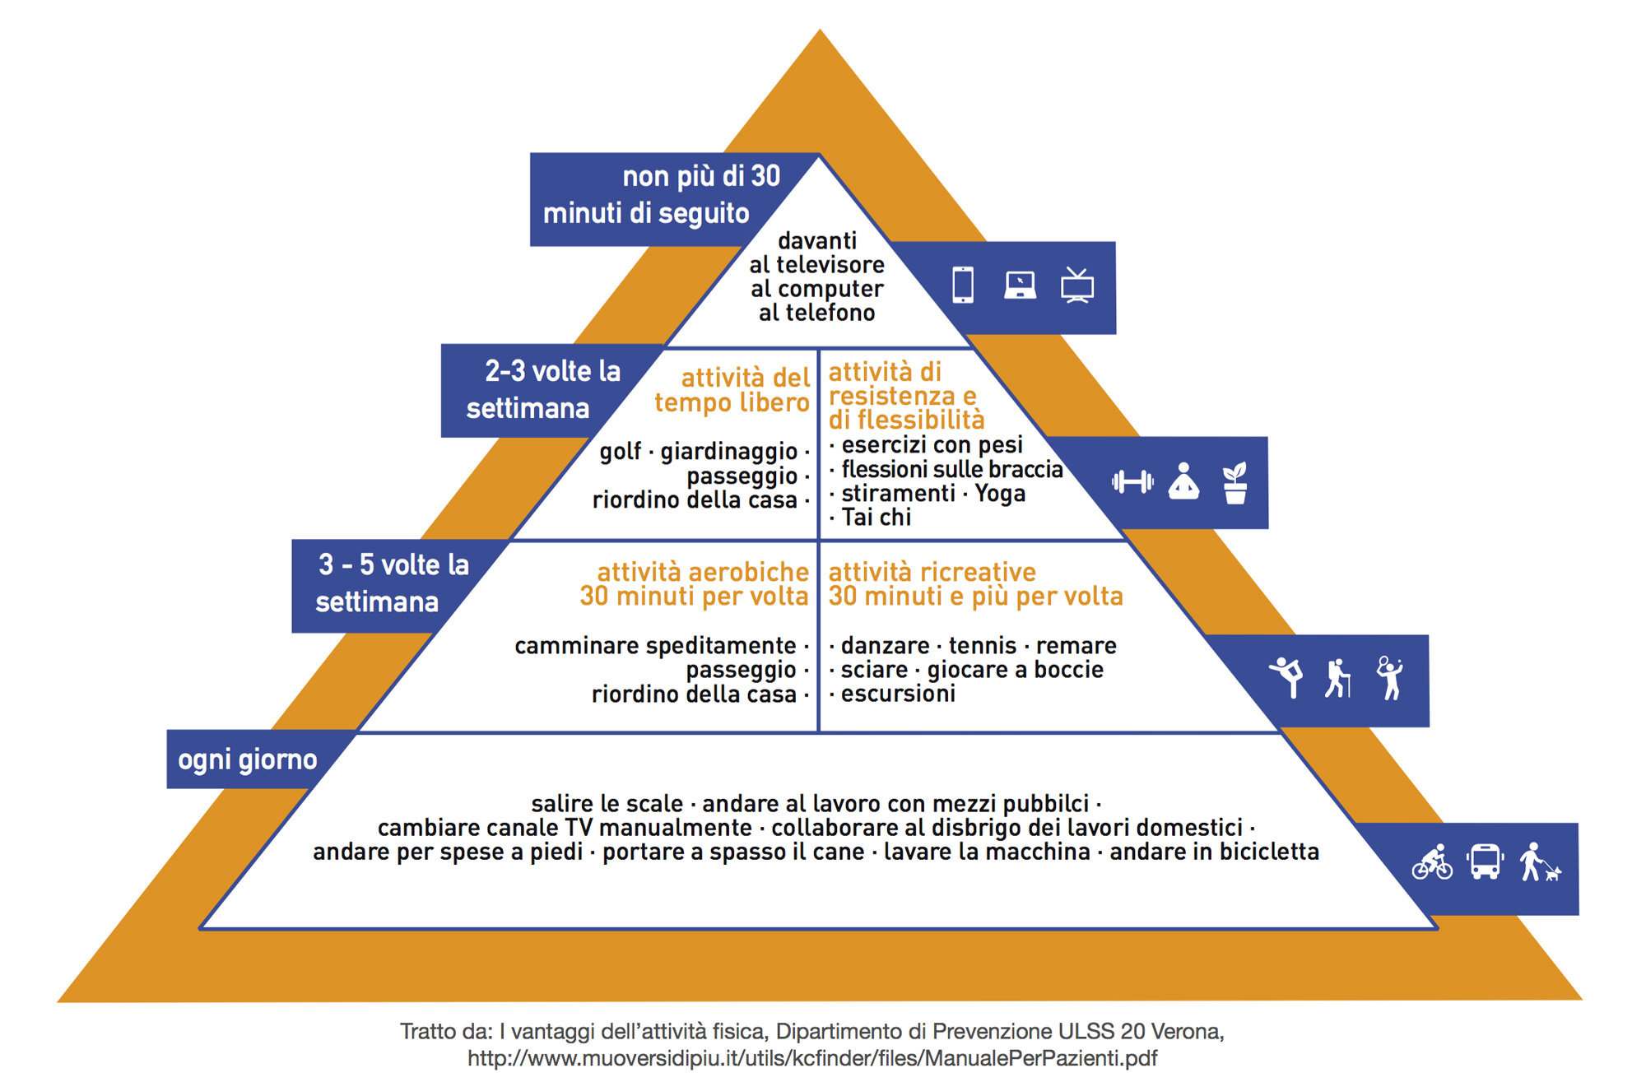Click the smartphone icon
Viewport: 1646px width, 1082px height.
tap(962, 286)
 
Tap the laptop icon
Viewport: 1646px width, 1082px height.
tap(1020, 286)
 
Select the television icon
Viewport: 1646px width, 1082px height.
tap(1076, 286)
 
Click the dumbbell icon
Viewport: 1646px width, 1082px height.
tap(1132, 482)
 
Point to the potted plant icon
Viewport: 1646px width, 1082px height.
tap(1234, 483)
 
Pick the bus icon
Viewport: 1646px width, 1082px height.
tap(1485, 862)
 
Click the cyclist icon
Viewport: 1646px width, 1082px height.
tap(1433, 862)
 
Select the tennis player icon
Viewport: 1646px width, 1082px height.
tap(1389, 678)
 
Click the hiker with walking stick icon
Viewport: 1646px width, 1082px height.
tap(1338, 679)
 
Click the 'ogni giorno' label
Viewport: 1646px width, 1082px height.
tap(247, 759)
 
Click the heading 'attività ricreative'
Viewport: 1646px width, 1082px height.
tap(932, 572)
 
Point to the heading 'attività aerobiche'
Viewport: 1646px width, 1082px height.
tap(703, 572)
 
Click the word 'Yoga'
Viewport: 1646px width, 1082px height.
tap(1000, 494)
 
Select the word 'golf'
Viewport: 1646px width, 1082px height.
tap(620, 452)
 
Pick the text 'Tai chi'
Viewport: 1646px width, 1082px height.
tap(876, 518)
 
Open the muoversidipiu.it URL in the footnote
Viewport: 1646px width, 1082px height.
tap(812, 1058)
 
